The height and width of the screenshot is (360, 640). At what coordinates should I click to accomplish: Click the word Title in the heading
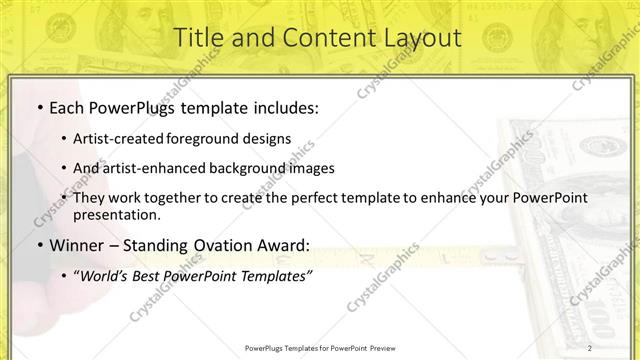pyautogui.click(x=200, y=38)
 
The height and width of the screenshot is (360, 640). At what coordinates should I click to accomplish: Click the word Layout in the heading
pyautogui.click(x=412, y=38)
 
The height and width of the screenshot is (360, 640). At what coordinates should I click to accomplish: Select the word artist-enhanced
pyautogui.click(x=156, y=168)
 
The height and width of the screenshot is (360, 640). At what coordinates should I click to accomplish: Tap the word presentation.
pyautogui.click(x=115, y=214)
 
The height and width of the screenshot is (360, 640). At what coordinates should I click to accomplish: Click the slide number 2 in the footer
pyautogui.click(x=590, y=348)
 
